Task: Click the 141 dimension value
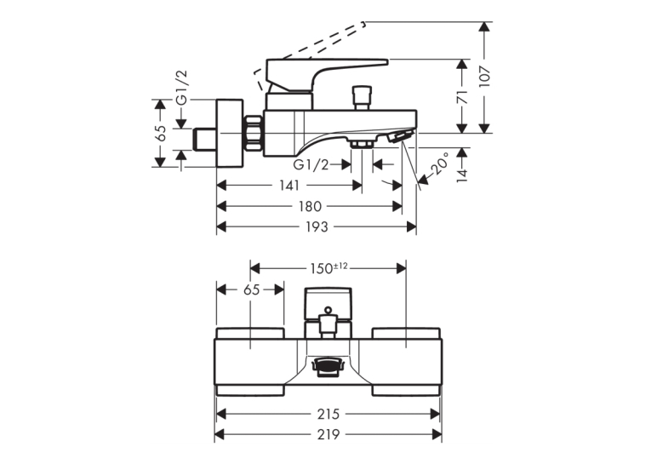pos(289,186)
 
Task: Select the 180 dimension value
pos(310,206)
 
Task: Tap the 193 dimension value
pos(317,226)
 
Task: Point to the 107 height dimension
pos(485,77)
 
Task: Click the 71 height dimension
pos(463,97)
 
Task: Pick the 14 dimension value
pos(463,175)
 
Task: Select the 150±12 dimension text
pos(328,268)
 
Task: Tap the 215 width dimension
pos(328,414)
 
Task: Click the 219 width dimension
pos(328,434)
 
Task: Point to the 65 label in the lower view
pos(252,289)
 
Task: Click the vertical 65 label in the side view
pos(160,134)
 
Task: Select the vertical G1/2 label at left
pos(182,87)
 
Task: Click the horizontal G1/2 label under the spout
pos(311,165)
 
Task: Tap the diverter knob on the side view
pos(361,98)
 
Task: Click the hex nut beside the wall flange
pos(254,133)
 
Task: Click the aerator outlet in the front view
pos(328,366)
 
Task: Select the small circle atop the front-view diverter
pos(328,310)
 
